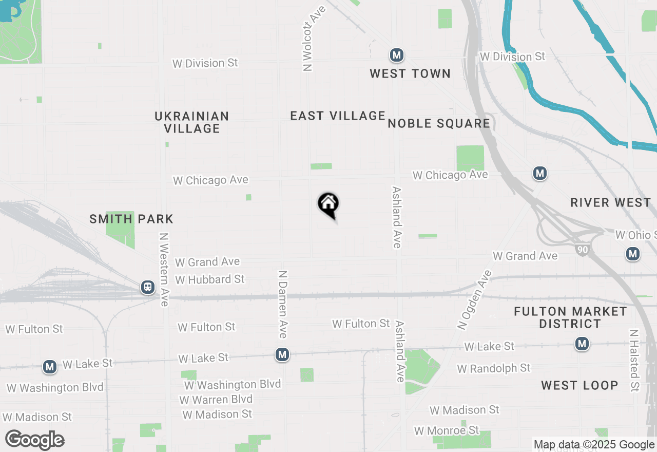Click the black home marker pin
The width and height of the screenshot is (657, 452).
click(328, 204)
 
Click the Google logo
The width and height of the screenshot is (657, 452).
click(35, 440)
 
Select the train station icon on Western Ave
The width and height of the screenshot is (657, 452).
click(148, 287)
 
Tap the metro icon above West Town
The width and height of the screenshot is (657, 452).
click(396, 55)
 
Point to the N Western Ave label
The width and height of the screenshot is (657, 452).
click(164, 270)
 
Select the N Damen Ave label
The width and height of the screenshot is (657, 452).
click(282, 304)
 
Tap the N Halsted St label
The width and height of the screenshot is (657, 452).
click(635, 360)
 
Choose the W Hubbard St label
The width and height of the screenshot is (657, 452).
click(210, 279)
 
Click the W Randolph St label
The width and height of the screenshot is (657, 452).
click(494, 368)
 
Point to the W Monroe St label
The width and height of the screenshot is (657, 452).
click(447, 430)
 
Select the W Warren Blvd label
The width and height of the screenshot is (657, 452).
click(216, 399)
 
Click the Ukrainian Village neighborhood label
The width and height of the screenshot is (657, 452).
click(192, 122)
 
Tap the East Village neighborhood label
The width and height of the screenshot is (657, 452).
click(338, 116)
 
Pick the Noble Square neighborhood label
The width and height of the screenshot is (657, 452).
click(439, 123)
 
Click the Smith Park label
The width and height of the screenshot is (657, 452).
click(131, 219)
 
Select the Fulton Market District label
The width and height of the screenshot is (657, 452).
click(570, 317)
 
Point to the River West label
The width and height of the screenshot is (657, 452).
click(610, 202)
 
